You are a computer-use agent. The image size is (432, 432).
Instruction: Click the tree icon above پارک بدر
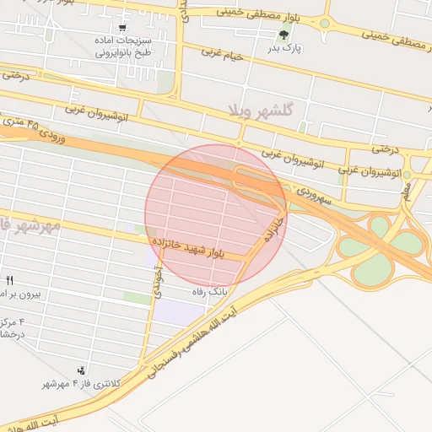[283, 35]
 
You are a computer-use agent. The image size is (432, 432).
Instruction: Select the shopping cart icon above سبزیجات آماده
[123, 27]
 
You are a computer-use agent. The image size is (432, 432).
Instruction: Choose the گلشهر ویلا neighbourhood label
[259, 111]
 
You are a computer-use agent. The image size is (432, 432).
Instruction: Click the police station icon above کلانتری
[82, 370]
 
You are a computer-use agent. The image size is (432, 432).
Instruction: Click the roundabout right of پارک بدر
[324, 23]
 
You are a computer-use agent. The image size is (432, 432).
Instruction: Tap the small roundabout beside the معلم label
[407, 175]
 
